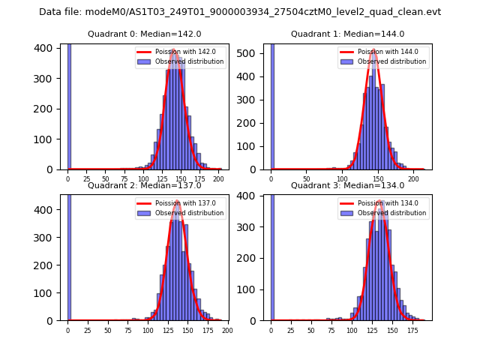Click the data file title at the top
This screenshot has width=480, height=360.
tap(240, 12)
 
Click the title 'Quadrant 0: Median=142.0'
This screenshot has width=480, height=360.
tap(144, 34)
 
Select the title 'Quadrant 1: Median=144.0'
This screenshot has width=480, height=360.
tap(347, 34)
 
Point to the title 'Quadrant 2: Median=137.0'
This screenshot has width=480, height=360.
tap(144, 185)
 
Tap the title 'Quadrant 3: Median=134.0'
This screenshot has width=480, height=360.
tap(347, 185)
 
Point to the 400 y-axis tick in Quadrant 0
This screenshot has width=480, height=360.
tap(49, 48)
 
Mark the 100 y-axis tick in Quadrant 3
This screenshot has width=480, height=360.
tap(252, 289)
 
